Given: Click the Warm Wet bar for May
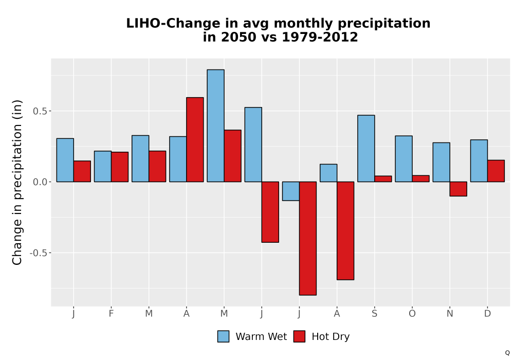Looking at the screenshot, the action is [x=216, y=125].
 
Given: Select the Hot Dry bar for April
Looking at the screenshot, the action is [x=195, y=139].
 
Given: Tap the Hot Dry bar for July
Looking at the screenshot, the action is [x=308, y=238].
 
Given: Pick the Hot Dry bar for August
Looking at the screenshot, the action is [x=345, y=230].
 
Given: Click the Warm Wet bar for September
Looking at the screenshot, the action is [x=366, y=148].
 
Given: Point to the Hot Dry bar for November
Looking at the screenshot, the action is [x=458, y=189].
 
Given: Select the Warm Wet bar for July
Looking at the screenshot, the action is [x=291, y=191].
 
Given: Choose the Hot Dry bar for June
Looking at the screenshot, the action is [x=270, y=212].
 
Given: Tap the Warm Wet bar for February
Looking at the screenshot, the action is [x=103, y=166].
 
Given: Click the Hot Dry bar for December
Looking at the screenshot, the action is [x=496, y=171].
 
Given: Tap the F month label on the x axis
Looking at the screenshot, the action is [x=111, y=314].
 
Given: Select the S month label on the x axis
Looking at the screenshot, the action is [x=374, y=314].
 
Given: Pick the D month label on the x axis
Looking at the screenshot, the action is [x=487, y=314].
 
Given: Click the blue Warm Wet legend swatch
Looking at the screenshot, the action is [x=223, y=336].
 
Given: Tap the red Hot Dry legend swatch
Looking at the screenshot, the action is [x=299, y=336].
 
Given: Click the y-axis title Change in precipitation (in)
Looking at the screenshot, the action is [x=17, y=182].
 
